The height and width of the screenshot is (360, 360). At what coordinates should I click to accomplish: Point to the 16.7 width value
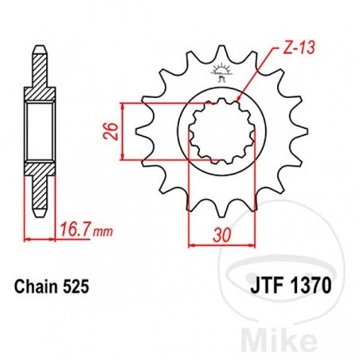pos(72,233)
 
